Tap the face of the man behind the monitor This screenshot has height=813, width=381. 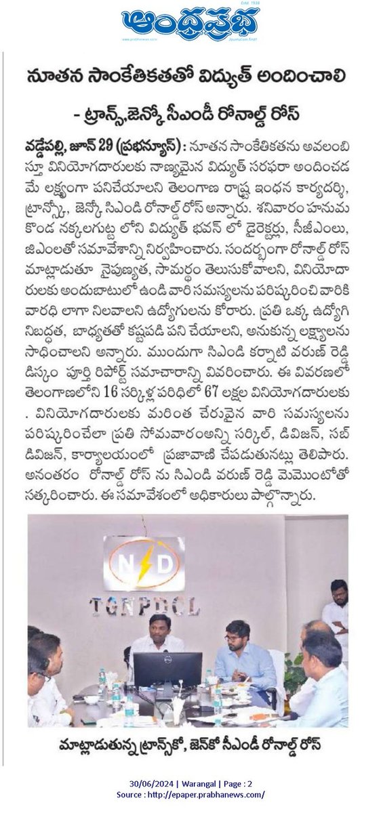159,627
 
